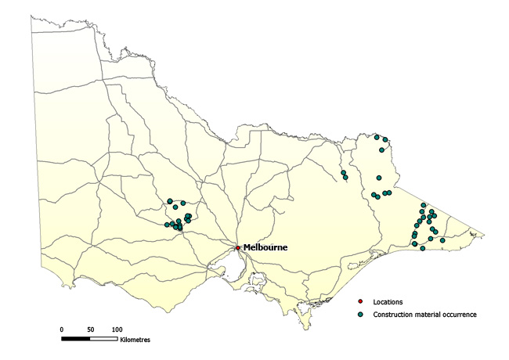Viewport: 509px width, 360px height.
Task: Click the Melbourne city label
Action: [265, 247]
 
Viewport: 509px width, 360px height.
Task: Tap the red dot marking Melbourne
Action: [238, 248]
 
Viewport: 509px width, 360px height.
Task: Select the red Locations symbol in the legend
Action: [360, 301]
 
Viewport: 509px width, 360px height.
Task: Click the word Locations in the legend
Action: [388, 301]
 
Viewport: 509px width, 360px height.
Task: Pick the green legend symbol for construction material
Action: [360, 314]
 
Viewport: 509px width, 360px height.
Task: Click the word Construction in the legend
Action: [393, 314]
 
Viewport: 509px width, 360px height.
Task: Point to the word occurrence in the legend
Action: [460, 314]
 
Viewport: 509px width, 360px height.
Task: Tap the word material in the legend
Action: [428, 314]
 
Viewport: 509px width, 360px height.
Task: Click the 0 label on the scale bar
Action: [62, 329]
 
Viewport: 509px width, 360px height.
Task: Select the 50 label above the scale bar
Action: [91, 329]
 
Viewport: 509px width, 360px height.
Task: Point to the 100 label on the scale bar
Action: [117, 329]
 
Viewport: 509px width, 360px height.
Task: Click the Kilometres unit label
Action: [135, 340]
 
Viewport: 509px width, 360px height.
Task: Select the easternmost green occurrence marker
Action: [442, 240]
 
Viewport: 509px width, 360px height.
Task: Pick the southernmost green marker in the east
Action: [423, 249]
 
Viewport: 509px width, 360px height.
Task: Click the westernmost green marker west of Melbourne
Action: [167, 225]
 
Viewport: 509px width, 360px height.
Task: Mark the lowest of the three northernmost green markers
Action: [381, 149]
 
